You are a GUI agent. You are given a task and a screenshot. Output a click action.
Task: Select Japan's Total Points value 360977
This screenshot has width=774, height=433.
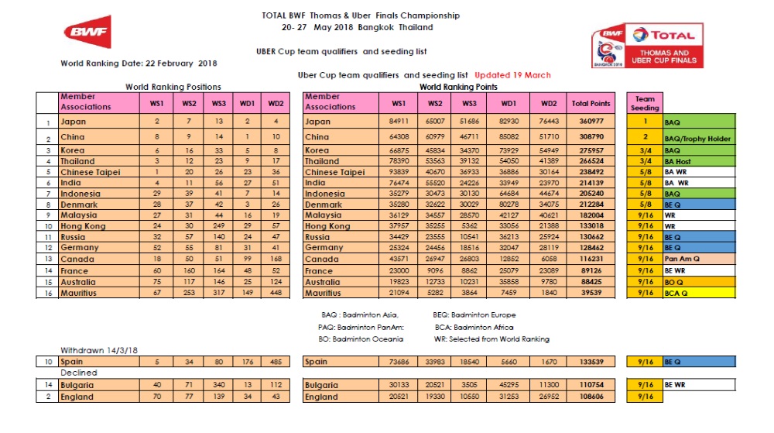pyautogui.click(x=591, y=122)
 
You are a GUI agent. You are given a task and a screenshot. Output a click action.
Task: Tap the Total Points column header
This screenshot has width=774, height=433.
pyautogui.click(x=591, y=102)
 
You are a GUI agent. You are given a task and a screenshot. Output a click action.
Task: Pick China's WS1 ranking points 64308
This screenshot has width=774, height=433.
pyautogui.click(x=399, y=137)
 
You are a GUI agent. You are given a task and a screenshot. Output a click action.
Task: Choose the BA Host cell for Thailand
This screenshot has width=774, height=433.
pyautogui.click(x=699, y=161)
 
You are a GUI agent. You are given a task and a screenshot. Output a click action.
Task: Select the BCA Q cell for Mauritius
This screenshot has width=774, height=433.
pyautogui.click(x=699, y=293)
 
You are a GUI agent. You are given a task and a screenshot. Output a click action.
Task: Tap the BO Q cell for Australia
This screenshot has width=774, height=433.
pyautogui.click(x=699, y=282)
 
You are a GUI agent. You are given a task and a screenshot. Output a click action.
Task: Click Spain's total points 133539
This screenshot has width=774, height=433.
pyautogui.click(x=591, y=361)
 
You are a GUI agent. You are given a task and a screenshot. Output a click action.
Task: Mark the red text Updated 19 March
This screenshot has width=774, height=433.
pyautogui.click(x=512, y=75)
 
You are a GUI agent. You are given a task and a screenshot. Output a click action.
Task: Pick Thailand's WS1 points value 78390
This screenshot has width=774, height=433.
pyautogui.click(x=399, y=161)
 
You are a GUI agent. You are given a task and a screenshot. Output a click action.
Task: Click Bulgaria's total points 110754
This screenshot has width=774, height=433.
pyautogui.click(x=591, y=384)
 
